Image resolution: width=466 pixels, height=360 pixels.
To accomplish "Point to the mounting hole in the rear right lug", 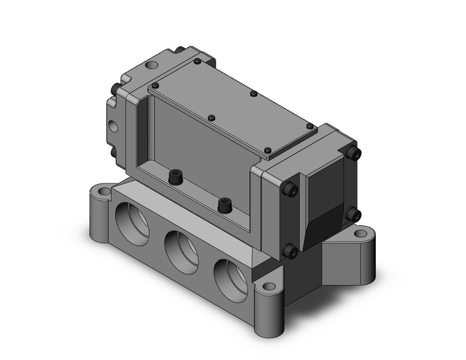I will coord(361,234).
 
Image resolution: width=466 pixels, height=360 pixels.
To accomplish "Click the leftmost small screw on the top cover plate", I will coord(155,85).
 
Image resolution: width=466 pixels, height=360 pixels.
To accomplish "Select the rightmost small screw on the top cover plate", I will coord(267,150).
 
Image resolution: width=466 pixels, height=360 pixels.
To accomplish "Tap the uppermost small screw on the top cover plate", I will coord(196,61).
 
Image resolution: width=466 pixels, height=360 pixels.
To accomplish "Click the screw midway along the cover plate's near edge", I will coord(212,117).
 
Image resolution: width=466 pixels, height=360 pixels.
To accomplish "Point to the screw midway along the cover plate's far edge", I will coord(253,94).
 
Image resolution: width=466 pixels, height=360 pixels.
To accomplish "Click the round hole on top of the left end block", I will coord(151,64).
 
